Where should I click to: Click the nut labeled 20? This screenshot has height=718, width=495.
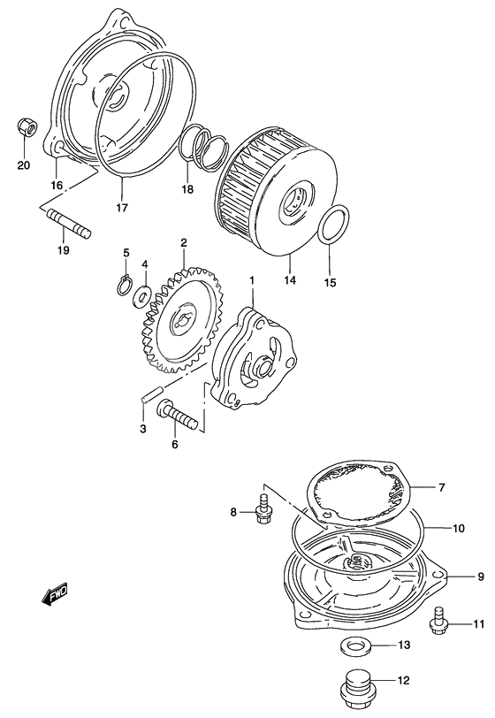(x=27, y=126)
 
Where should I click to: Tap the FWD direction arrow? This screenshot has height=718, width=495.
(x=55, y=594)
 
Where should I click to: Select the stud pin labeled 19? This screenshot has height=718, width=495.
(x=70, y=222)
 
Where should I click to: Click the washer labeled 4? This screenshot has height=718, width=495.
(x=141, y=296)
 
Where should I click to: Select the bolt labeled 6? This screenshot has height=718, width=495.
(x=177, y=414)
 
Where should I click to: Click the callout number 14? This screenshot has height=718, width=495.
(x=290, y=279)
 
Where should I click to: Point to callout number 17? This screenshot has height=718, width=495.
(x=121, y=208)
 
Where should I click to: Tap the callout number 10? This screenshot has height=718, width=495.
(x=459, y=529)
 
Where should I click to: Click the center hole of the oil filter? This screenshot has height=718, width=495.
(x=293, y=202)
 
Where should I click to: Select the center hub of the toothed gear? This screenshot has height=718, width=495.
(x=185, y=323)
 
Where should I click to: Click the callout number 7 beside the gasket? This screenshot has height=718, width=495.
(x=441, y=488)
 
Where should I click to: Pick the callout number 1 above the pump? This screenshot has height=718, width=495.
(x=251, y=280)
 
